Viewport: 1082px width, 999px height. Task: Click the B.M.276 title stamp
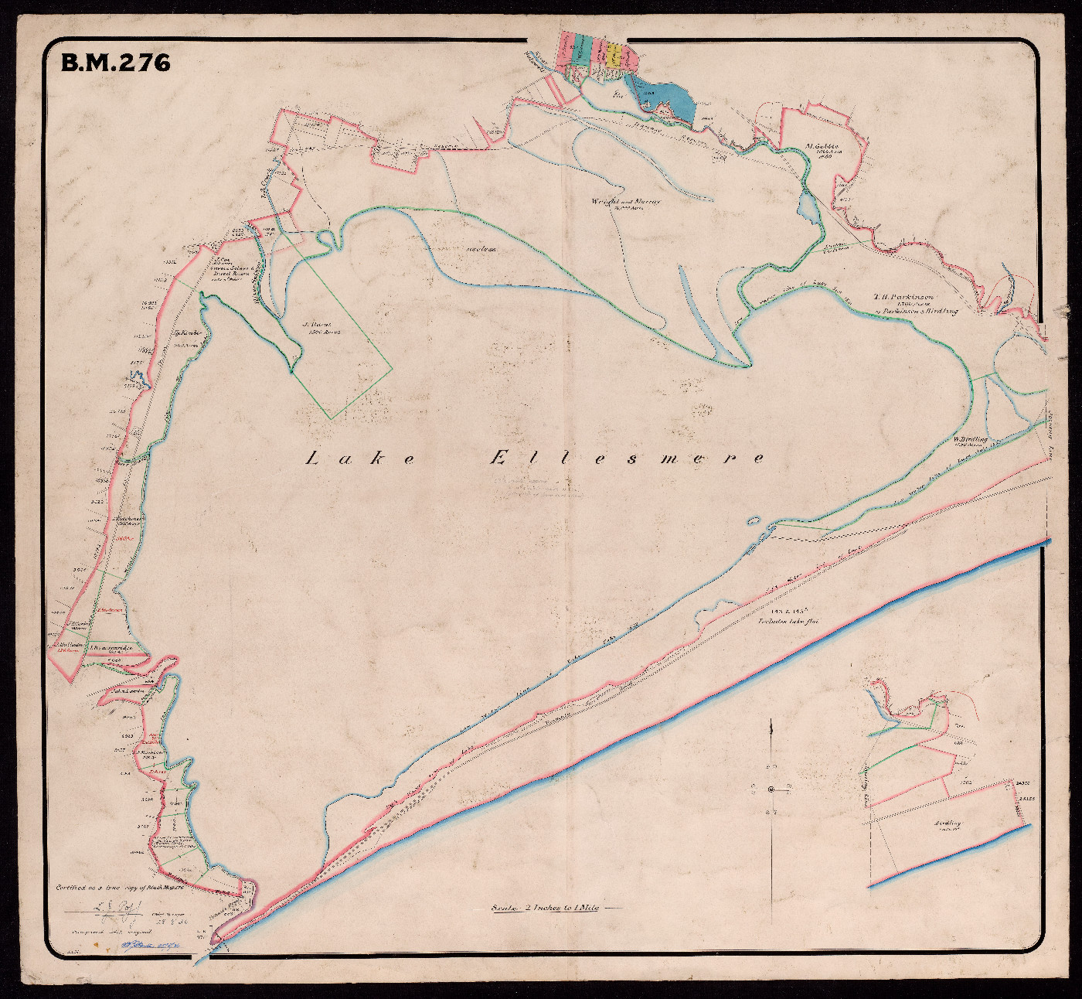pyautogui.click(x=115, y=63)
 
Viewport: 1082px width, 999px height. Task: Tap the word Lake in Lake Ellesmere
pyautogui.click(x=361, y=459)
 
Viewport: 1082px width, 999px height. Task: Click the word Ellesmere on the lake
pyautogui.click(x=628, y=459)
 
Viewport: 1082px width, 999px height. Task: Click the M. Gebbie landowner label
pyautogui.click(x=822, y=145)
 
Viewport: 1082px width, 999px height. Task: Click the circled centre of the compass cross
pyautogui.click(x=771, y=789)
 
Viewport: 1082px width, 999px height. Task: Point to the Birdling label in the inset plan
pyautogui.click(x=947, y=824)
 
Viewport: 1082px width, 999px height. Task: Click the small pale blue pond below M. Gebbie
pyautogui.click(x=807, y=207)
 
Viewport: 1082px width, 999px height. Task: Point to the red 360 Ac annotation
pyautogui.click(x=121, y=530)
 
